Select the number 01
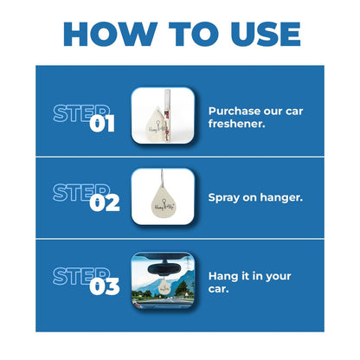point(104,124)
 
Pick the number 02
point(105,205)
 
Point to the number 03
point(105,287)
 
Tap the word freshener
point(238,126)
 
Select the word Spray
point(225,197)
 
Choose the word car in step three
point(220,289)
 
